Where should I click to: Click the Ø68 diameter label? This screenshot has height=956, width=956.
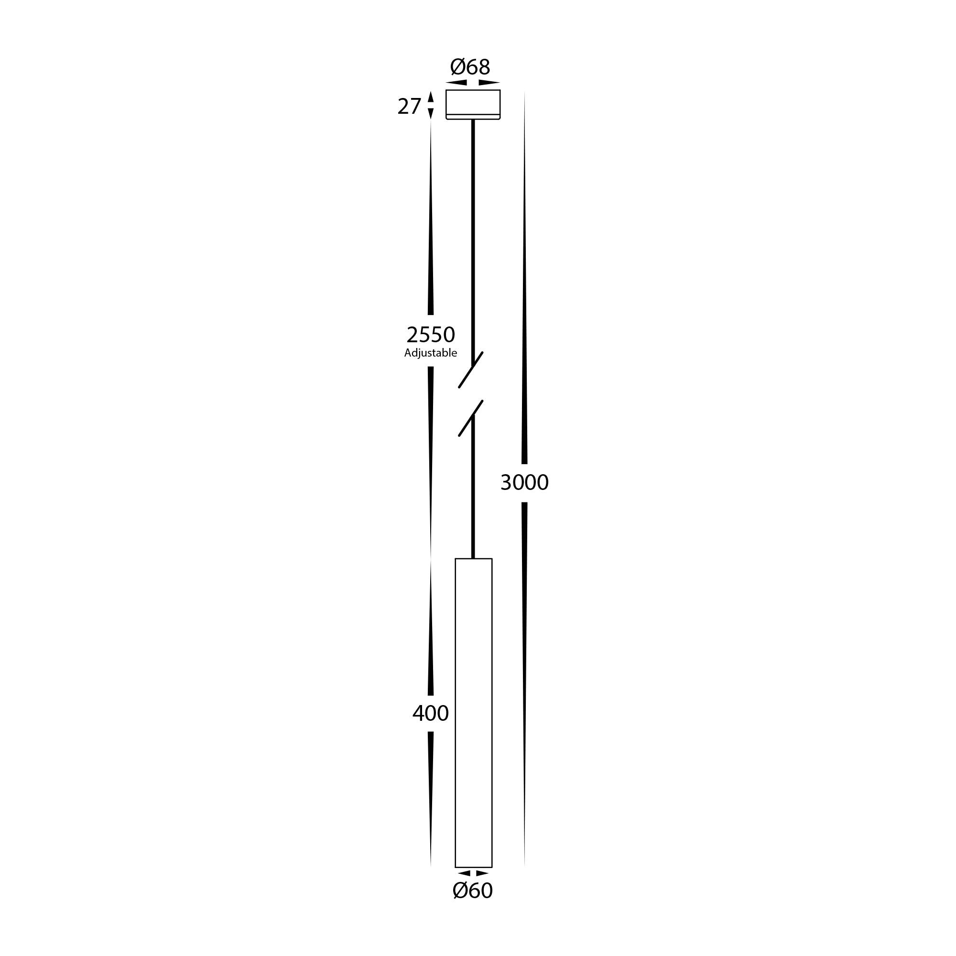tap(470, 67)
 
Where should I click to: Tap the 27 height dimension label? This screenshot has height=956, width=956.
tap(409, 107)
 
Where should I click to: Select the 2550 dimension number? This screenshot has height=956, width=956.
tap(431, 335)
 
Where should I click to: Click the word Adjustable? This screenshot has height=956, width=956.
tap(431, 353)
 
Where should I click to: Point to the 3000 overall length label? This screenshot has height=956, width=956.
tap(524, 482)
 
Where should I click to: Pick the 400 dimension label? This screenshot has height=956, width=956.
tap(431, 713)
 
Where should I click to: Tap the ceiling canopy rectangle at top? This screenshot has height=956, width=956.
tap(473, 102)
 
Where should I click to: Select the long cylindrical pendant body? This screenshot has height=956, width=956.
tap(474, 713)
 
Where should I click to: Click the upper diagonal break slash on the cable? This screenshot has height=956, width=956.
tap(470, 369)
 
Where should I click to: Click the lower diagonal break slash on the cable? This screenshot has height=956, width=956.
tap(470, 418)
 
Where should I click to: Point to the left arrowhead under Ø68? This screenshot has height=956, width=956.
tap(456, 83)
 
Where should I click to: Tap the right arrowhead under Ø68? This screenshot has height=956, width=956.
tap(489, 83)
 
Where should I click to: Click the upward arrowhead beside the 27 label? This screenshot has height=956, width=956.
tap(431, 97)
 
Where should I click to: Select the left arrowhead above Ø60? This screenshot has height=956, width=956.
tap(464, 873)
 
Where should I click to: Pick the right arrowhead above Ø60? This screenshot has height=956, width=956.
tap(482, 873)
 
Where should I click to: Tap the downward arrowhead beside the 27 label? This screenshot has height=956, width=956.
tap(431, 113)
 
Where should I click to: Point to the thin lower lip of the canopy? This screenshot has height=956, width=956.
tap(473, 117)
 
